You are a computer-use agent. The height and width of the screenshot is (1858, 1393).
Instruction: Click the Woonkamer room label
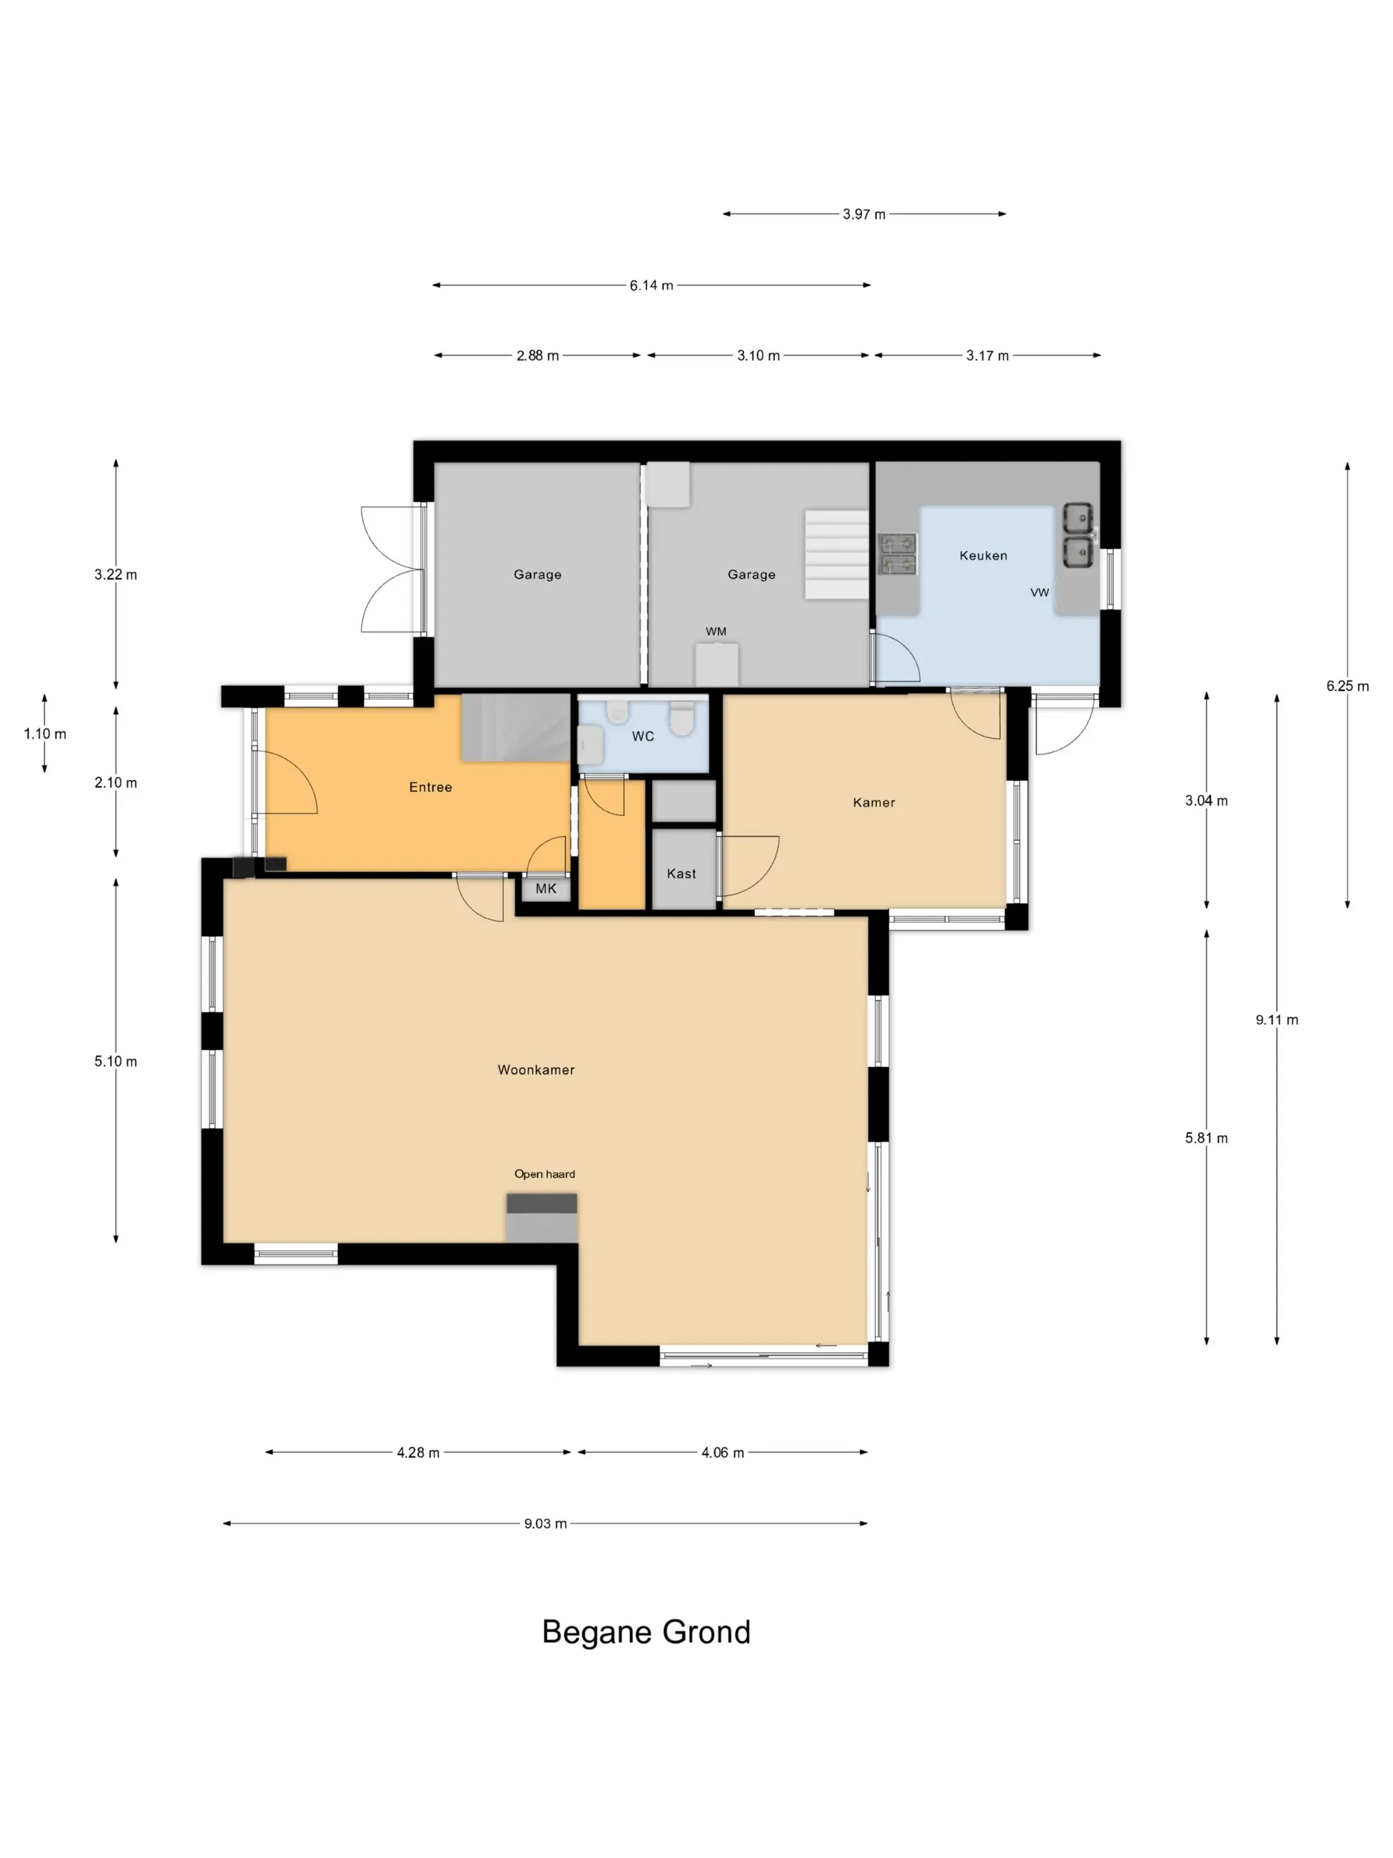(536, 1069)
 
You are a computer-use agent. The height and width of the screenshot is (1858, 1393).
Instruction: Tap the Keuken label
(983, 555)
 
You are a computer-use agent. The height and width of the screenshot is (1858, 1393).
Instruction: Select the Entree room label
(431, 787)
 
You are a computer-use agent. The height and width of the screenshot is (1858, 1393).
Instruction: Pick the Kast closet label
(682, 873)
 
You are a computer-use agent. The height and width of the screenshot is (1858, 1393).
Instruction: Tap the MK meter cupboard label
(546, 889)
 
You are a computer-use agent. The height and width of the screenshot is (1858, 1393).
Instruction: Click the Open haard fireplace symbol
(541, 1218)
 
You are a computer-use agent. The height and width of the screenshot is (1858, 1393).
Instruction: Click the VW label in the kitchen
(1039, 592)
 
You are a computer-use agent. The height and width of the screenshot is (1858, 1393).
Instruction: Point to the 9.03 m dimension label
(546, 1524)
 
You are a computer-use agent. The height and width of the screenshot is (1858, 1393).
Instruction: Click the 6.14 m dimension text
(651, 285)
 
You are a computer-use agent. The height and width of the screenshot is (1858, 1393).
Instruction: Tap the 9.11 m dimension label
(1277, 1020)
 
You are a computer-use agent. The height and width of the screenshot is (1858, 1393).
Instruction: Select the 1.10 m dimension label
(44, 734)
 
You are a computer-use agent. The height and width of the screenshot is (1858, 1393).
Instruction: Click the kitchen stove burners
(897, 553)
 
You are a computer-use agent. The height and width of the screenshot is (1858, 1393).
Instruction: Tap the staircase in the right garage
(836, 554)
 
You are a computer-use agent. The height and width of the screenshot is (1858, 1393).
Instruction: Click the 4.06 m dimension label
(723, 1453)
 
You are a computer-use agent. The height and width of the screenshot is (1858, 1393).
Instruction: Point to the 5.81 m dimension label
(1207, 1138)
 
